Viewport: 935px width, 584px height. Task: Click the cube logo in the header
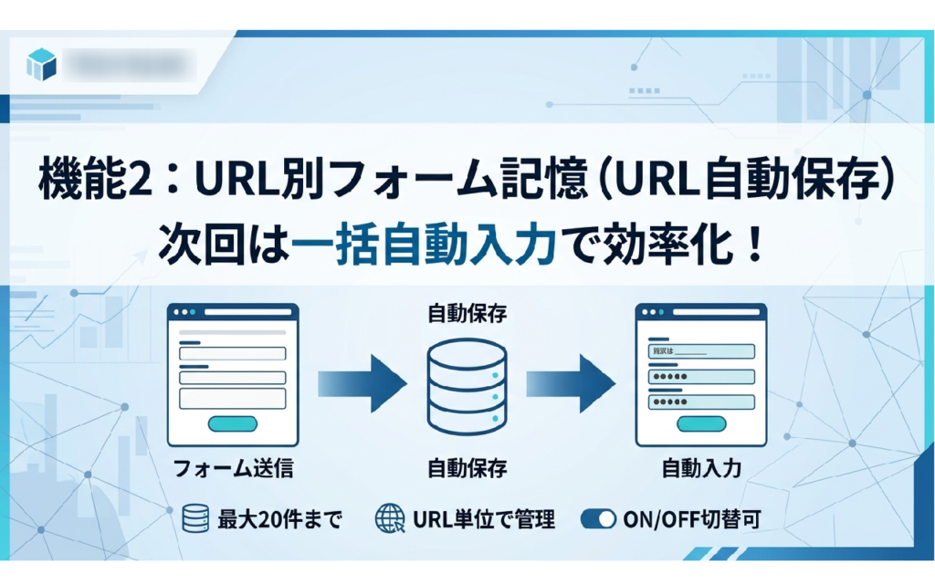[x=42, y=65]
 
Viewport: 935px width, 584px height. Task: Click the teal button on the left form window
[x=233, y=422]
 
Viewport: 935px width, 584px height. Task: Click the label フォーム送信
[x=233, y=469]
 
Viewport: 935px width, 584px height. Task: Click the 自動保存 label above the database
[x=467, y=315]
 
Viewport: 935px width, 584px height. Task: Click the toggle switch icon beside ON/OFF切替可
[x=598, y=519]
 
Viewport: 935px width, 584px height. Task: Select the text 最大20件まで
[x=279, y=520]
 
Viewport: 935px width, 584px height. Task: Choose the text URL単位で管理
[x=484, y=520]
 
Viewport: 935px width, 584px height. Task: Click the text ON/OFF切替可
[x=691, y=520]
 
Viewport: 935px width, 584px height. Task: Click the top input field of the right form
[x=701, y=351]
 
